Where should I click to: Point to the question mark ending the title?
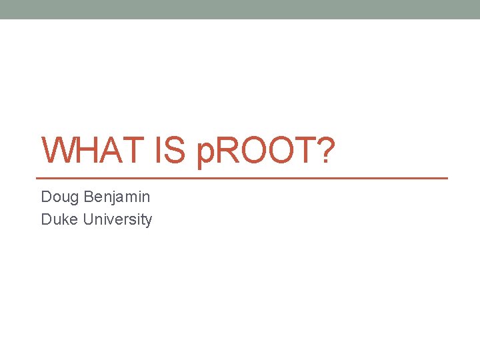tap(324, 151)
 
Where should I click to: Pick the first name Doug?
tap(59, 197)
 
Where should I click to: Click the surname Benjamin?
tap(117, 197)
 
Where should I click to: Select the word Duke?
tap(60, 219)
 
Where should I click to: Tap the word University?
tap(118, 219)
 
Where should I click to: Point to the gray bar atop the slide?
tap(240, 9)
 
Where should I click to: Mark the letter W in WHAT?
tap(57, 151)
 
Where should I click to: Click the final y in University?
tap(149, 221)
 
